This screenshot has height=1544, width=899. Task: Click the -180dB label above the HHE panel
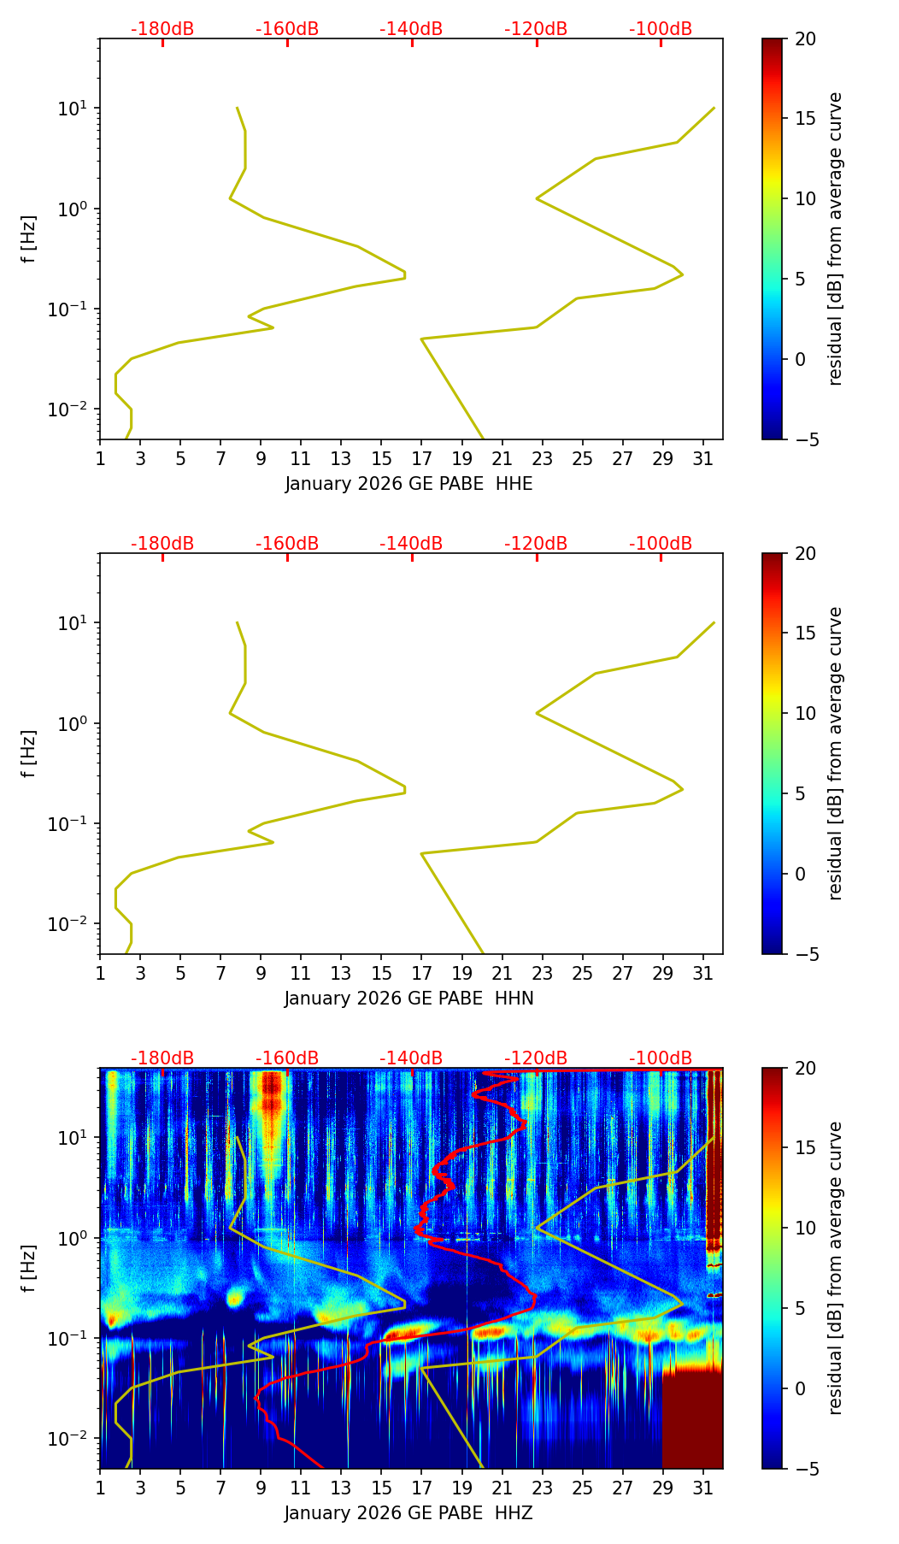click(x=162, y=29)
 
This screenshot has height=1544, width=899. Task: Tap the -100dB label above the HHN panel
click(x=661, y=544)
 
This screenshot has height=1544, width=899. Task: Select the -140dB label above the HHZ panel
click(x=411, y=1058)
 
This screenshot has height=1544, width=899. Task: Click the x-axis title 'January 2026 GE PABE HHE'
click(x=408, y=484)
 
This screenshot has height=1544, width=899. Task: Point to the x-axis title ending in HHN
click(x=408, y=999)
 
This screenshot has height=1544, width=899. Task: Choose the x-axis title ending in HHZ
click(x=408, y=1513)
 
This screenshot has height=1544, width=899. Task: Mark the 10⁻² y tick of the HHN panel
click(x=68, y=924)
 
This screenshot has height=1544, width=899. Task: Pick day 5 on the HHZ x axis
click(x=180, y=1488)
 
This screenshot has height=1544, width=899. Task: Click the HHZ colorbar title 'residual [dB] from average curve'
click(x=836, y=1268)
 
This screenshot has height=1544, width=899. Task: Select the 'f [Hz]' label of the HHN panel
click(x=29, y=753)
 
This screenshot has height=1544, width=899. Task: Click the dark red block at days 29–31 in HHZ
click(x=692, y=1419)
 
